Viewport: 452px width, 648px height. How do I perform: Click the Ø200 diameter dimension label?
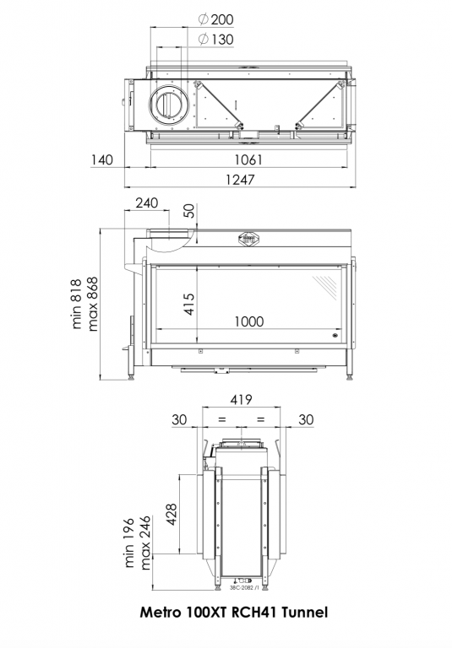click(215, 19)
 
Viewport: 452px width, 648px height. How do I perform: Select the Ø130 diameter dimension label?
click(215, 40)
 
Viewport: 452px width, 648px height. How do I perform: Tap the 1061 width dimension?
click(248, 159)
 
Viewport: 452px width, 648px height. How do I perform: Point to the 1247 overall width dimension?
click(240, 180)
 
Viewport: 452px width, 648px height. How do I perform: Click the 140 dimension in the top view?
click(102, 159)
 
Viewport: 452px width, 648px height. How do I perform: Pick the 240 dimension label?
click(147, 202)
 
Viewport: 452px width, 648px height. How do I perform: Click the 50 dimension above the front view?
click(188, 211)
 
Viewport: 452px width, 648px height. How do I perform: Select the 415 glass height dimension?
click(188, 304)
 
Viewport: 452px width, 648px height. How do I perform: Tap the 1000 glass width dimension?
click(249, 321)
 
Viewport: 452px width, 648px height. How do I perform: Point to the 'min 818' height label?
click(77, 304)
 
